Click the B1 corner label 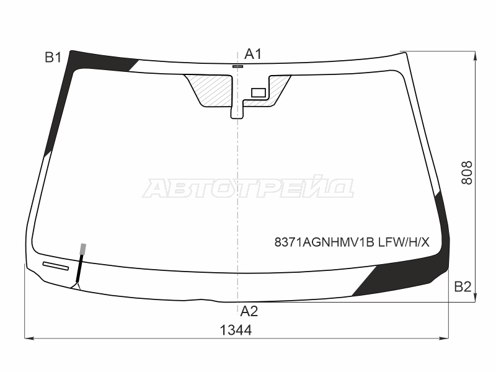[x=53, y=58]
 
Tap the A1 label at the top [x=253, y=54]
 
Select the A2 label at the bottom [x=249, y=312]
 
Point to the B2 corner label [x=463, y=286]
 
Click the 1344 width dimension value [x=236, y=330]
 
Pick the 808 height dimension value [x=467, y=173]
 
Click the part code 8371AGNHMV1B [x=324, y=242]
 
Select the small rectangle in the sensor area [x=259, y=92]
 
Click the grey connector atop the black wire [x=83, y=249]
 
